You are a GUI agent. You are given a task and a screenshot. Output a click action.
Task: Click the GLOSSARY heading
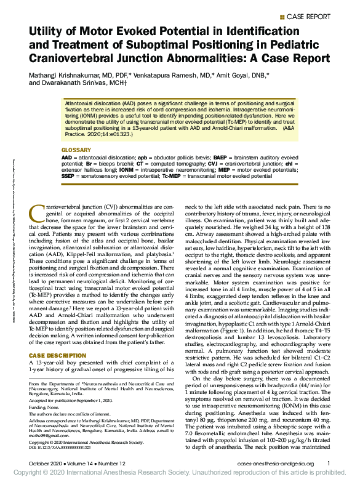pyautogui.click(x=76, y=150)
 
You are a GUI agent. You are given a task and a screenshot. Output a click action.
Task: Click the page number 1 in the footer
pyautogui.click(x=329, y=463)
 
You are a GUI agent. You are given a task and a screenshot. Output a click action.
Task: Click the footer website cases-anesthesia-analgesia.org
pyautogui.click(x=276, y=463)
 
